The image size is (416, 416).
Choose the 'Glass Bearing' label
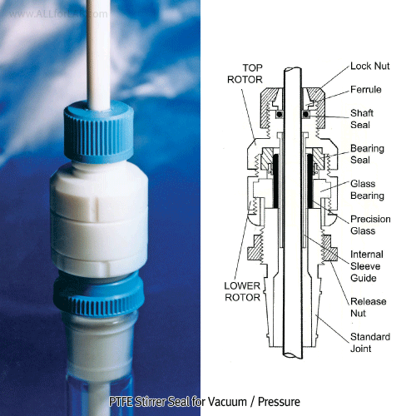click(x=366, y=191)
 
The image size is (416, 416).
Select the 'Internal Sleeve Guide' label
click(x=366, y=264)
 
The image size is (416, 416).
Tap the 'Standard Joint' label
click(x=369, y=342)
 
